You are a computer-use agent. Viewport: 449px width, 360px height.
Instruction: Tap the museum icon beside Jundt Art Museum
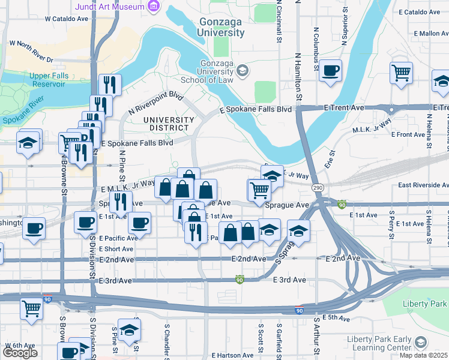pyautogui.click(x=154, y=7)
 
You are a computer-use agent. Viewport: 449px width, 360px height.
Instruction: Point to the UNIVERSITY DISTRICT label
pyautogui.click(x=169, y=124)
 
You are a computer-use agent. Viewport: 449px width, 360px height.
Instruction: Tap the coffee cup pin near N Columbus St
pyautogui.click(x=330, y=71)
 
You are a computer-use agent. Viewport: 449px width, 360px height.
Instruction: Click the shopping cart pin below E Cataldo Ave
pyautogui.click(x=401, y=73)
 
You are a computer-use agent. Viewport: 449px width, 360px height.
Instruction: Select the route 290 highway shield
pyautogui.click(x=318, y=188)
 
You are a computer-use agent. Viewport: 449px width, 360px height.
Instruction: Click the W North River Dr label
pyautogui.click(x=31, y=52)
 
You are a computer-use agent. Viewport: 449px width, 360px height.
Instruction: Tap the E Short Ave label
pyautogui.click(x=116, y=249)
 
